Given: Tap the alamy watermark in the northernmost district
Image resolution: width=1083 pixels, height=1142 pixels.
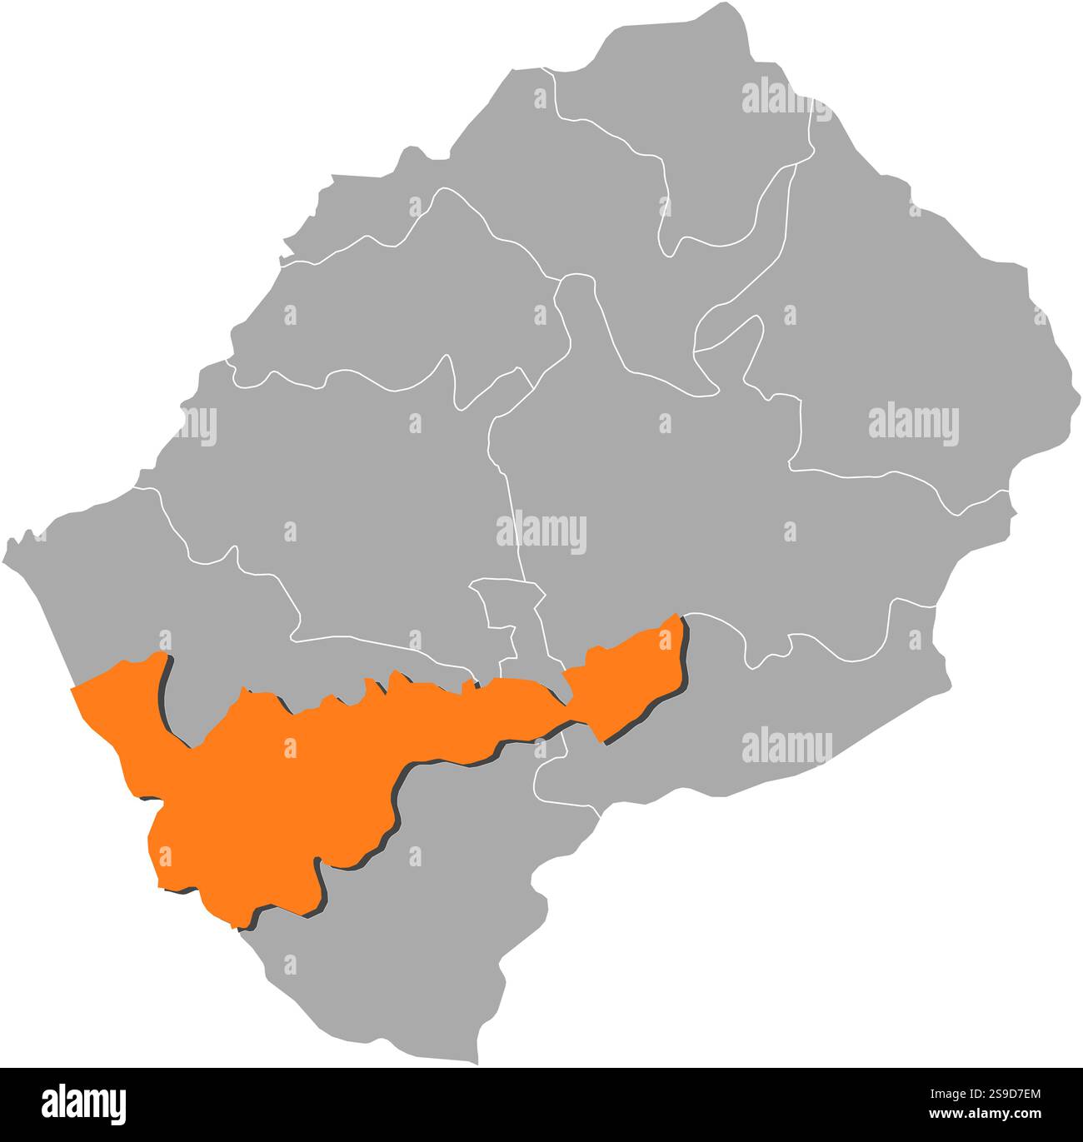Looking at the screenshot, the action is point(786,97).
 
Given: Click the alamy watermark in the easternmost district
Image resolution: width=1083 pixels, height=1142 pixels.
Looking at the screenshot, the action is point(914,424).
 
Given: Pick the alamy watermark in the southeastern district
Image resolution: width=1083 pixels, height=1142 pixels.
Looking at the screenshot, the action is point(786,744).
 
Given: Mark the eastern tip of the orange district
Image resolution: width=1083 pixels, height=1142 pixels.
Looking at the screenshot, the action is point(680,617).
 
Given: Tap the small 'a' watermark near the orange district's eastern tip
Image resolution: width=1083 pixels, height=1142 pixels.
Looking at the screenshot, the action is point(664,641).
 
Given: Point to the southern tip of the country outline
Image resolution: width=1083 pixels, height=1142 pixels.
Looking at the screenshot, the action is point(477,1062).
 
